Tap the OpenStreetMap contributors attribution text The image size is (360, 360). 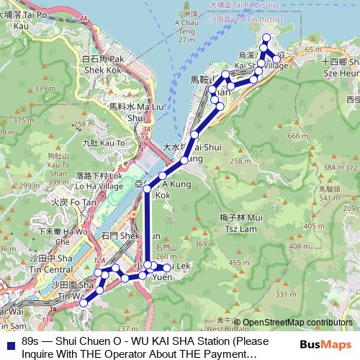[x=297, y=323]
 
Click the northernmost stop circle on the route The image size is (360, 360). [x=266, y=37]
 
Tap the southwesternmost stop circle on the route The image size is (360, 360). [x=83, y=303]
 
